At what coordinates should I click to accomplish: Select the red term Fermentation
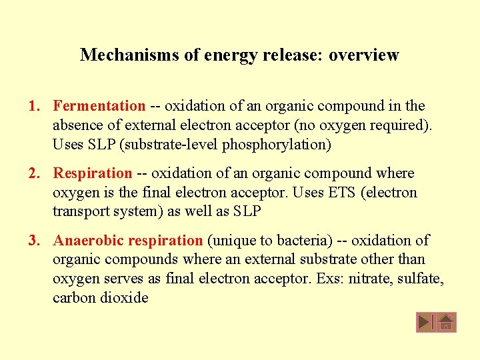pyautogui.click(x=99, y=105)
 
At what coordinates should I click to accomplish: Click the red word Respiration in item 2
pyautogui.click(x=93, y=173)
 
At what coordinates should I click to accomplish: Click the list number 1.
pyautogui.click(x=33, y=105)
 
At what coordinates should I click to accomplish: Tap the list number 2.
pyautogui.click(x=33, y=173)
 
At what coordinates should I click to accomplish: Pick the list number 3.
pyautogui.click(x=33, y=240)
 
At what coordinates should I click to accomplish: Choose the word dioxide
pyautogui.click(x=124, y=297)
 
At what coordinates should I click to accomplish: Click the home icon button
pyautogui.click(x=447, y=323)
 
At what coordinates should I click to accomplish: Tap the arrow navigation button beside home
pyautogui.click(x=425, y=323)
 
